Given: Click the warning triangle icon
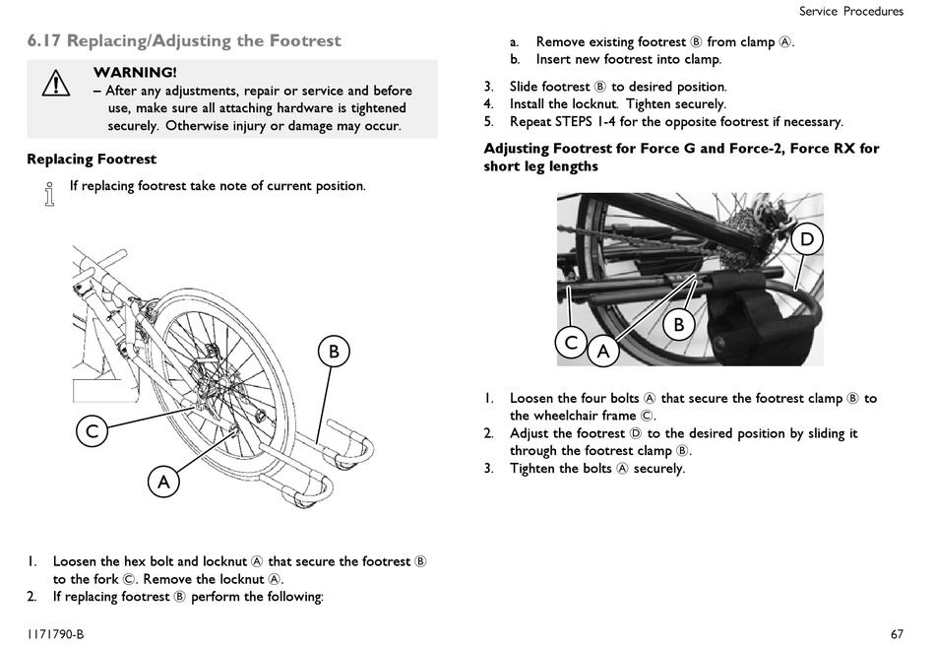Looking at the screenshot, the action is click(55, 83).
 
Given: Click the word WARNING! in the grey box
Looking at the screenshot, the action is click(135, 72).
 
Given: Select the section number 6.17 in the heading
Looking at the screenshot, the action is click(44, 40).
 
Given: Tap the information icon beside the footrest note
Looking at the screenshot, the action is click(49, 194).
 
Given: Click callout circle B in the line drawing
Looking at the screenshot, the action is click(334, 351).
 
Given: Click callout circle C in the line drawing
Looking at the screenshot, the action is click(92, 431).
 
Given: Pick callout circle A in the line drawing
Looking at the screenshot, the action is click(163, 482).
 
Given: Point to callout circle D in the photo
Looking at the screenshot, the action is click(807, 239).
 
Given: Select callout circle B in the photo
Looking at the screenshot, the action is click(678, 325).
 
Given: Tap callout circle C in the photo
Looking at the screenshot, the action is click(571, 343).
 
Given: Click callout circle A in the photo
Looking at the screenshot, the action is click(603, 351).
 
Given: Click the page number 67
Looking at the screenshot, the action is click(897, 634).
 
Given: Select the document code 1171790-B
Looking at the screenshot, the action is click(55, 634).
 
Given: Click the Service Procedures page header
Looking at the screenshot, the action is click(851, 12).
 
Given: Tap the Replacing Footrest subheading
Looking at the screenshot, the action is click(92, 160).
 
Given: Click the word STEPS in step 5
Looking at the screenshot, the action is click(573, 122).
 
